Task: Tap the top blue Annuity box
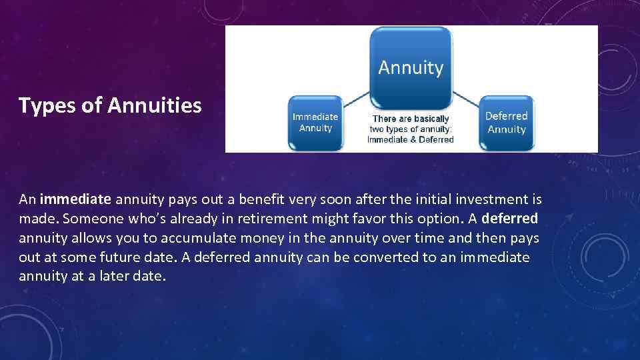[x=411, y=67]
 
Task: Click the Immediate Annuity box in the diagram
[x=315, y=123]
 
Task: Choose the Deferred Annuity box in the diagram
[x=507, y=123]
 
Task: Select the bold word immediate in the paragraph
[x=75, y=199]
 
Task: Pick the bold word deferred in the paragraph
[x=509, y=219]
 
